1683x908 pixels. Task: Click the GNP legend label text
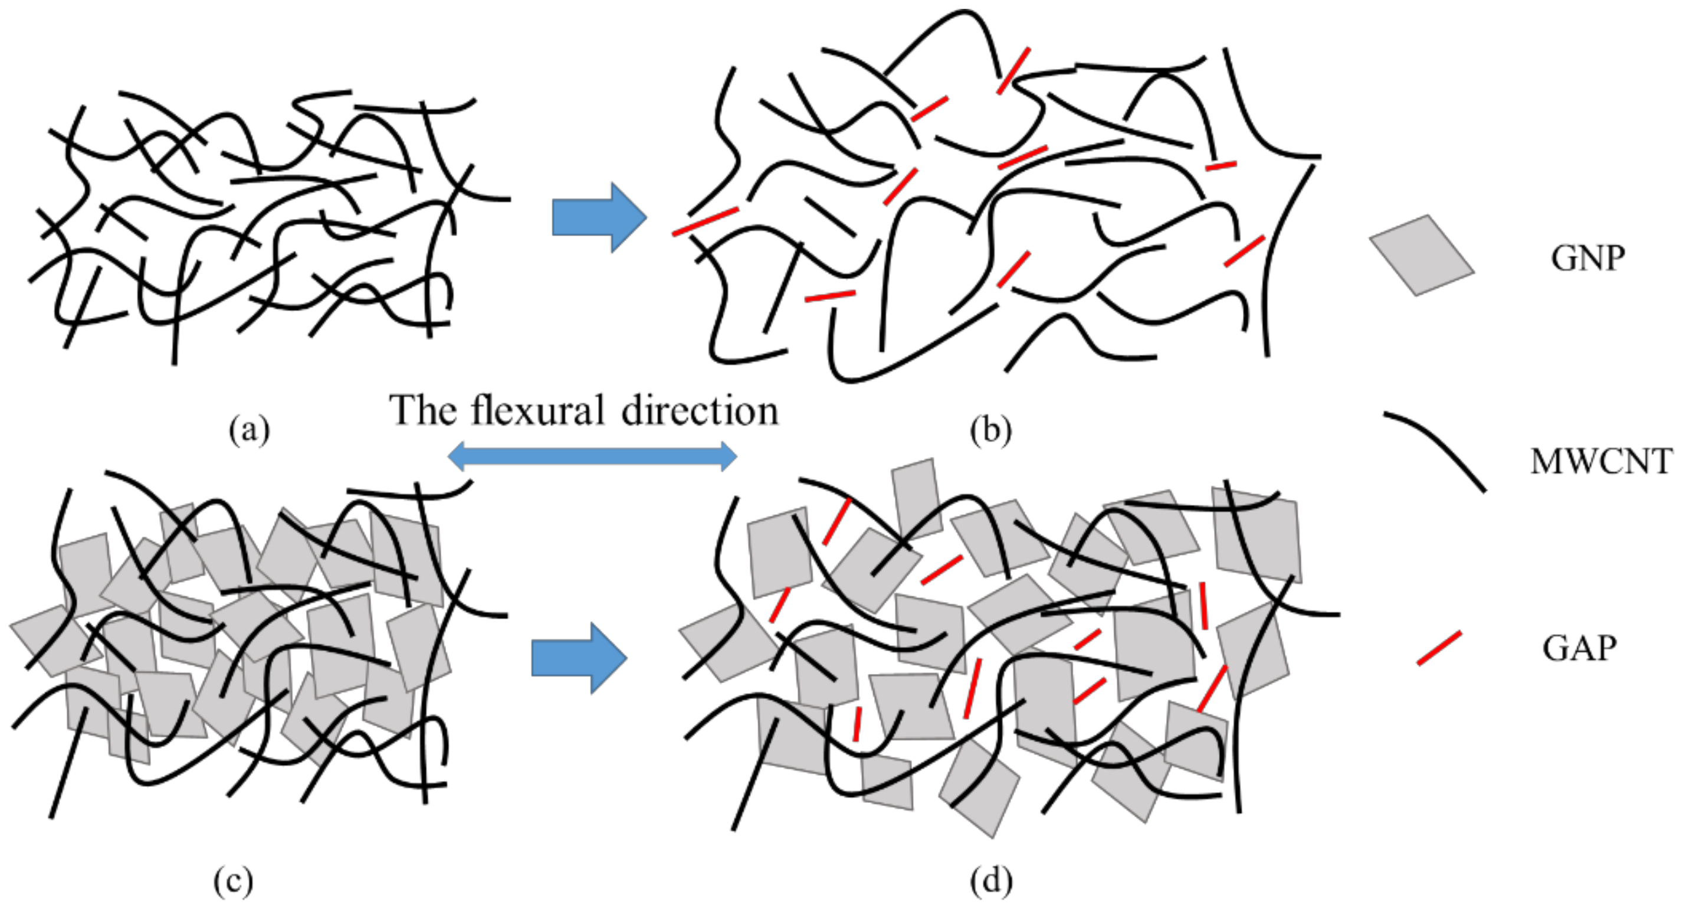tap(1587, 258)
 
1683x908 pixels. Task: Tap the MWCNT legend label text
tap(1600, 462)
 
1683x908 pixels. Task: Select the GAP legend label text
tap(1580, 648)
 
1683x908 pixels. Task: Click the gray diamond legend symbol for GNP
tap(1422, 255)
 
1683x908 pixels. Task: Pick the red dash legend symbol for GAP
tap(1439, 648)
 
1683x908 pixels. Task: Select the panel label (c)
tap(233, 881)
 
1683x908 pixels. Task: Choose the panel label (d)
tap(991, 881)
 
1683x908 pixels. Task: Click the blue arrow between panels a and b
tap(598, 218)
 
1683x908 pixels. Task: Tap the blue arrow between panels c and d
tap(578, 657)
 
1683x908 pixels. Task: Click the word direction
tap(700, 410)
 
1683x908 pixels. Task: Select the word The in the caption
tap(423, 410)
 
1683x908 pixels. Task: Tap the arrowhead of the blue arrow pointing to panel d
tap(608, 657)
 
